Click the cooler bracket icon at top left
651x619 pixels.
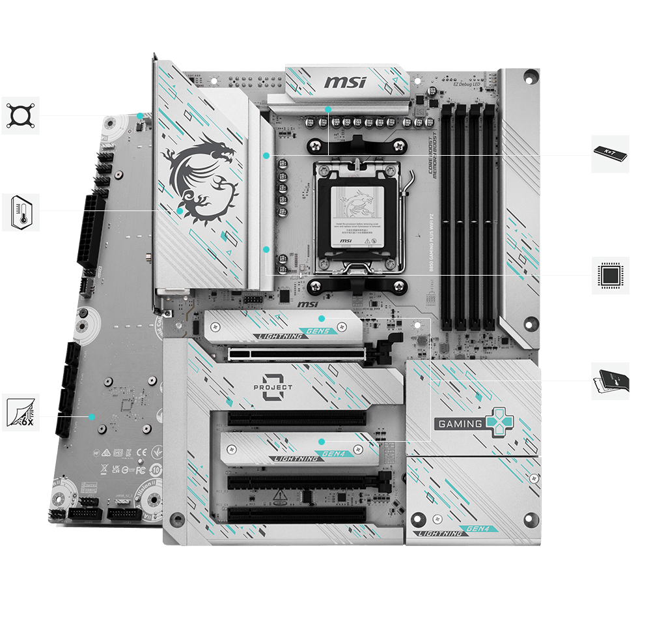coord(20,116)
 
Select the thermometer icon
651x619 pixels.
coord(20,212)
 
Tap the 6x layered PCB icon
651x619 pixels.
coord(20,412)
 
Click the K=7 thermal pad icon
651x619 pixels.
coord(610,154)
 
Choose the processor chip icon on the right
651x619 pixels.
coord(610,276)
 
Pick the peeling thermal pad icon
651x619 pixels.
coord(610,381)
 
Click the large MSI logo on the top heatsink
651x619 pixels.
coord(345,83)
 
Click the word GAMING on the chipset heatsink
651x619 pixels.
coord(460,424)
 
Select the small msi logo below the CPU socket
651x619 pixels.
coord(308,304)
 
